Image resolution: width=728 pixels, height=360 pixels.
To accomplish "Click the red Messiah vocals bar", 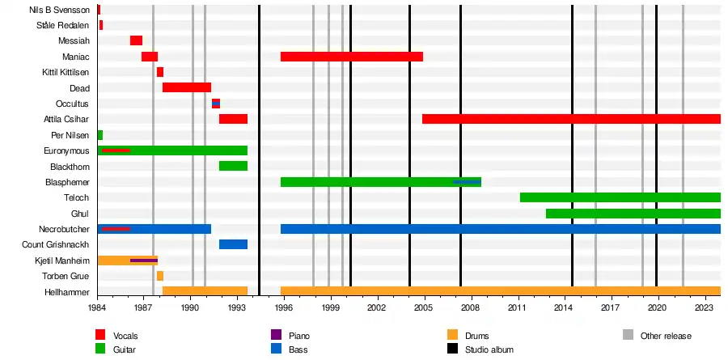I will [136, 40].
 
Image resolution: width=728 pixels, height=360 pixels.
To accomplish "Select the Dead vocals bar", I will [186, 87].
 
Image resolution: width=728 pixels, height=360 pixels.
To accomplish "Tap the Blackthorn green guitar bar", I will [233, 166].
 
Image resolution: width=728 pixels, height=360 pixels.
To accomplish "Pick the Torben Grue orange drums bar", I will [160, 276].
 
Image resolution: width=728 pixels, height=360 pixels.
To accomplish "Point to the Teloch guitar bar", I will [620, 197].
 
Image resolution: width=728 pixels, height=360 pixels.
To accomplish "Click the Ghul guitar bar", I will [633, 214].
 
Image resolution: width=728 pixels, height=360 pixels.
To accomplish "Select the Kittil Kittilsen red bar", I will [160, 72].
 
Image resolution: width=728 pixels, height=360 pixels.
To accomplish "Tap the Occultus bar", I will [216, 104].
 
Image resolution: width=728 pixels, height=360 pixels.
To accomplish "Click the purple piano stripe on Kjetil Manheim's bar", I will [144, 260].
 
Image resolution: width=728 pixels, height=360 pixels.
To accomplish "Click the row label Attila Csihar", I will [66, 119].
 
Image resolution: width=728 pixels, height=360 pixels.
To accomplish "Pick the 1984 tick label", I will [97, 308].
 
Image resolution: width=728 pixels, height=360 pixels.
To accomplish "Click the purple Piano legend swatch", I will [276, 335].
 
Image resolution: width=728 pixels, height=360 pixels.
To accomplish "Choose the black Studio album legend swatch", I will [452, 349].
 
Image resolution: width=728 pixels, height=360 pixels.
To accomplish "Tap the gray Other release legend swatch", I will [629, 335].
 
